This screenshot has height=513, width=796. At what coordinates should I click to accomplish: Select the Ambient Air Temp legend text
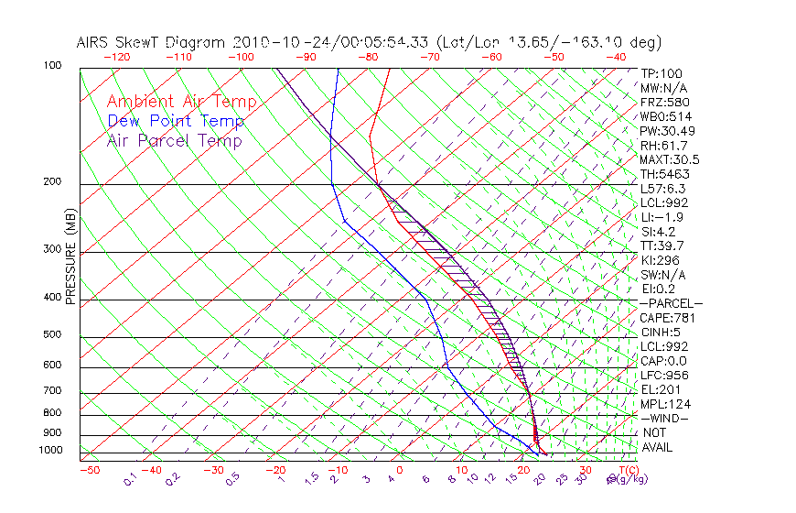(x=181, y=102)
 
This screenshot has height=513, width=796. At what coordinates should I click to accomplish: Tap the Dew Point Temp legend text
(x=176, y=121)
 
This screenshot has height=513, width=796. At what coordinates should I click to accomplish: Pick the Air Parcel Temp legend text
(x=175, y=140)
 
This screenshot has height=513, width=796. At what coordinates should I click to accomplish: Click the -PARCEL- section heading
(x=671, y=303)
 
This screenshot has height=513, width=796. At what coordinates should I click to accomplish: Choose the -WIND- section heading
(x=664, y=418)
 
